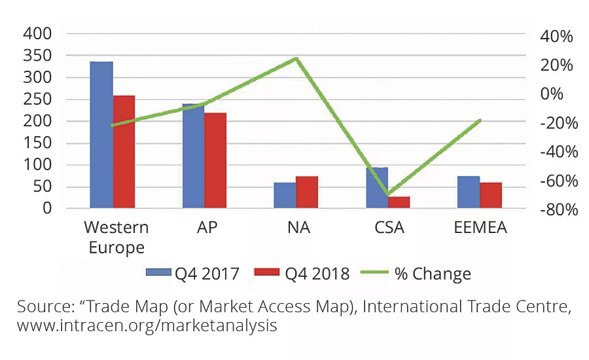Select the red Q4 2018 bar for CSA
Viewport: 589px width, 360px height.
[x=399, y=202]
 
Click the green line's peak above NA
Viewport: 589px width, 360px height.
[x=296, y=58]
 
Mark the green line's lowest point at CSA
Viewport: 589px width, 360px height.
[x=388, y=194]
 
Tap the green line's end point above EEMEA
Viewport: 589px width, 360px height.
[x=480, y=120]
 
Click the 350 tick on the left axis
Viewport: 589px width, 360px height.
[x=37, y=56]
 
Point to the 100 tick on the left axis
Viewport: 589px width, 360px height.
[x=37, y=165]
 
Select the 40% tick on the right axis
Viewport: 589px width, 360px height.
[x=556, y=37]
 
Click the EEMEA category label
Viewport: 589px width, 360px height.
[x=480, y=228]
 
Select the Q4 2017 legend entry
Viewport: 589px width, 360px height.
[x=194, y=273]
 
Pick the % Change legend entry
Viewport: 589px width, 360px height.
[x=423, y=273]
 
